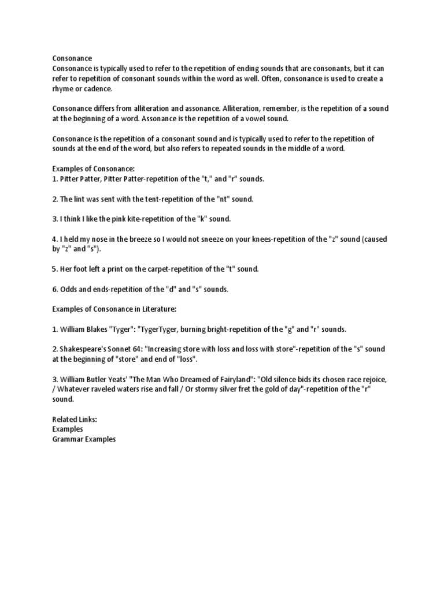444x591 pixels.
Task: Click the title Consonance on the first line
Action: coord(72,58)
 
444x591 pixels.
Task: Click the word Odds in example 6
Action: coord(69,289)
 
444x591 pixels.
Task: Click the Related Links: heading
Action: coord(75,420)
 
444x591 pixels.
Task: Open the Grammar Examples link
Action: coord(84,439)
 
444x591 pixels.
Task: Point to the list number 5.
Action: coord(54,269)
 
